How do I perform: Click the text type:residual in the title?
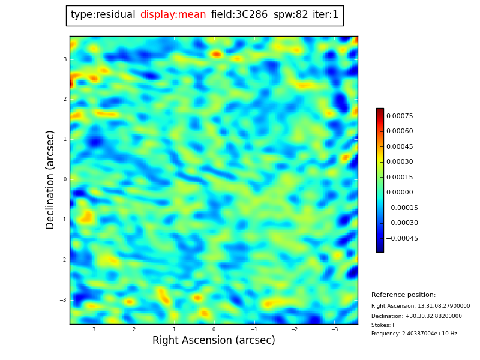click(x=103, y=15)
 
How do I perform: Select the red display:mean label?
click(x=173, y=15)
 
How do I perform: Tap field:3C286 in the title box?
click(x=239, y=15)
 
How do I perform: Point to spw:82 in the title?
click(x=290, y=15)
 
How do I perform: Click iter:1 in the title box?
click(x=325, y=15)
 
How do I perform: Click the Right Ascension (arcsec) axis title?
click(x=214, y=341)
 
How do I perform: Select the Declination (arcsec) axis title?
click(x=51, y=179)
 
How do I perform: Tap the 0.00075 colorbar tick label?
click(x=400, y=116)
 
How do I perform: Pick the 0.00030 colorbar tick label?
click(x=400, y=162)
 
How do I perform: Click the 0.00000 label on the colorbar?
click(x=400, y=193)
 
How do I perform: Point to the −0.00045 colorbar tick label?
click(x=401, y=238)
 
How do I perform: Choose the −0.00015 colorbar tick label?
click(x=401, y=208)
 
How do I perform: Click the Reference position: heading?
click(x=403, y=295)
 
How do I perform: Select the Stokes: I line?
click(x=383, y=325)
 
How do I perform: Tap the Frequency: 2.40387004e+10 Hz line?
click(x=414, y=334)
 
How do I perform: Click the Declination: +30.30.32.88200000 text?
click(x=416, y=316)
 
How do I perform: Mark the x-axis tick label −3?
click(x=334, y=329)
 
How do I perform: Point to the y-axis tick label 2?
click(x=65, y=99)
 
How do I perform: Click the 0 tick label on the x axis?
click(x=214, y=329)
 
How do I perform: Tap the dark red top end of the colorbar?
click(x=380, y=111)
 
